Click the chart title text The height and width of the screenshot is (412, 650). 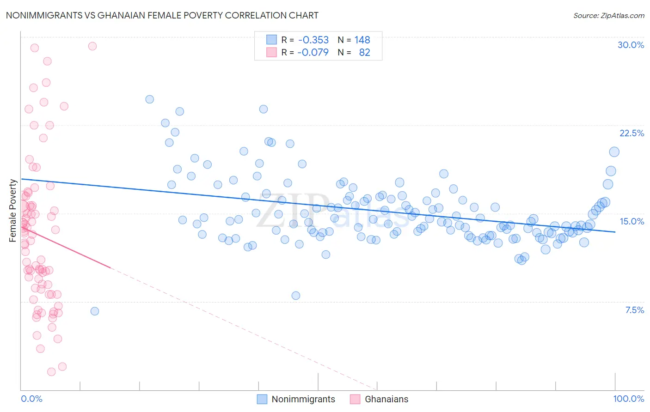(x=162, y=15)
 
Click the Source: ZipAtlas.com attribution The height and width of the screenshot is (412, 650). (x=608, y=15)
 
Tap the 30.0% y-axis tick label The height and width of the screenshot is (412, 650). (x=631, y=45)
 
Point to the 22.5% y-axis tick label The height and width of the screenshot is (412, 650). (x=632, y=133)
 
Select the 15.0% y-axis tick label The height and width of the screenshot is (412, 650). (x=632, y=221)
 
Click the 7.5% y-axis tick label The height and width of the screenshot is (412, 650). (x=634, y=310)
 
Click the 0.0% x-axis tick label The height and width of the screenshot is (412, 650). (x=31, y=399)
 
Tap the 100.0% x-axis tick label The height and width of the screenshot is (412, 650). (x=628, y=399)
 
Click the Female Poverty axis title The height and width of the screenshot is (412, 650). (x=12, y=211)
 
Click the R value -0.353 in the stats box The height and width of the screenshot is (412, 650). (x=313, y=40)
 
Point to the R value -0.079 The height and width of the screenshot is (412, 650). (x=313, y=52)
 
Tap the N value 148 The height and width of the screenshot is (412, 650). (x=362, y=40)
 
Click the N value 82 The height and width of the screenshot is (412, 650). (x=364, y=52)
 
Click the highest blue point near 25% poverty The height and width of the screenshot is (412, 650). (x=149, y=99)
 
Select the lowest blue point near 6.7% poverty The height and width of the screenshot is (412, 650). (x=95, y=311)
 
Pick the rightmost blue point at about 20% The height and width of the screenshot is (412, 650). (x=614, y=152)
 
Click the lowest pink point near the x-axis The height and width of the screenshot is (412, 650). (x=51, y=372)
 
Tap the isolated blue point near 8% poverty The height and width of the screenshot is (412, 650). (x=296, y=296)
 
